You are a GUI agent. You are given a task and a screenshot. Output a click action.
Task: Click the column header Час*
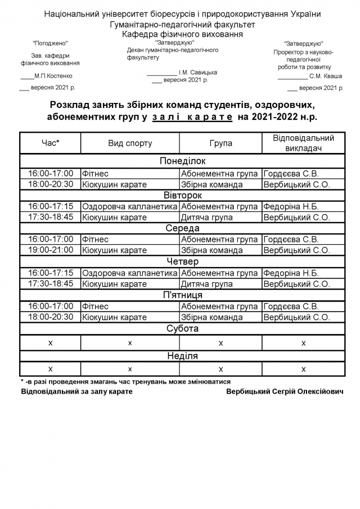click(x=51, y=143)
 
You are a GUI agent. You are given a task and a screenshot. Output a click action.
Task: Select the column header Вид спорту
click(x=130, y=143)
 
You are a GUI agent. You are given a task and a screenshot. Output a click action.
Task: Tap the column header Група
click(x=220, y=143)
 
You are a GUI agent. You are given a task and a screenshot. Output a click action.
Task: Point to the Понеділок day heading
click(x=182, y=161)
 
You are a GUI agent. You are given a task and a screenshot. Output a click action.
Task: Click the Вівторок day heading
click(x=182, y=195)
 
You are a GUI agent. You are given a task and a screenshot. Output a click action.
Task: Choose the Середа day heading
click(x=182, y=228)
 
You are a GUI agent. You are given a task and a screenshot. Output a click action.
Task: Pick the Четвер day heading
click(x=182, y=262)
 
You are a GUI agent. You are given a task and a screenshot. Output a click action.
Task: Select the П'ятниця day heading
click(x=182, y=295)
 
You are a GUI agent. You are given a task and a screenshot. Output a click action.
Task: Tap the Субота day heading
click(x=182, y=328)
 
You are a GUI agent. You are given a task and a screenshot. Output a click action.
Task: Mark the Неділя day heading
click(x=182, y=356)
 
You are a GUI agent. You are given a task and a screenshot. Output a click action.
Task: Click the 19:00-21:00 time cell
click(x=51, y=250)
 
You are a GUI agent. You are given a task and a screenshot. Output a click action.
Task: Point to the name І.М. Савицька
click(x=197, y=72)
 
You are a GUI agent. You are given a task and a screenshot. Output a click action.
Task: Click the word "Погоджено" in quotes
click(x=50, y=43)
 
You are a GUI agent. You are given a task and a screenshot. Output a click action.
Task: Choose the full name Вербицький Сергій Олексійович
click(x=285, y=391)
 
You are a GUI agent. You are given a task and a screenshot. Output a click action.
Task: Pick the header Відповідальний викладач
click(x=303, y=143)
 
